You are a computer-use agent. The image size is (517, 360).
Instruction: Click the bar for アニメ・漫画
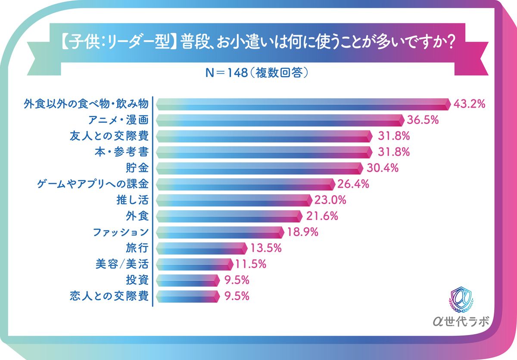pos(280,120)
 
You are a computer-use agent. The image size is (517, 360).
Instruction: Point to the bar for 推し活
pos(233,200)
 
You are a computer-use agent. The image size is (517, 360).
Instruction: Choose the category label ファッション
pos(121,232)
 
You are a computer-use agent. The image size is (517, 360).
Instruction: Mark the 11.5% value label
pos(251,264)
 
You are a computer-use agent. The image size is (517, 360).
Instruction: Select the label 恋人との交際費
pos(109,296)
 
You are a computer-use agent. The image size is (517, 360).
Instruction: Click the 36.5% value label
pos(423,120)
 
